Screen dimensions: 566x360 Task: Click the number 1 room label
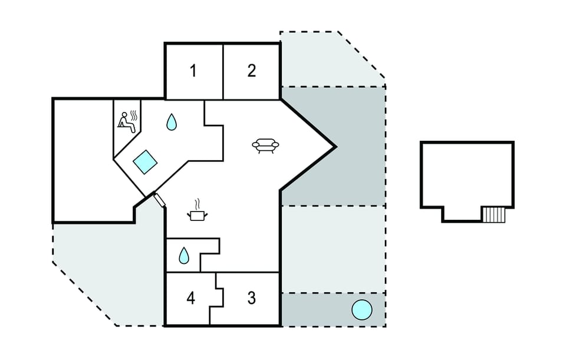[x=193, y=71]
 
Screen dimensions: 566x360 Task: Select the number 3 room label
[x=252, y=298]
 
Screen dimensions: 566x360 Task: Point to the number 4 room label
[x=191, y=298]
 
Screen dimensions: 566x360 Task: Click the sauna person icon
[x=128, y=122]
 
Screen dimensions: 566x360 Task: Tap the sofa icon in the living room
[x=265, y=146]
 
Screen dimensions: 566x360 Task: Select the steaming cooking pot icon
[x=197, y=211]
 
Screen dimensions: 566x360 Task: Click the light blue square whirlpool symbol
[x=145, y=162]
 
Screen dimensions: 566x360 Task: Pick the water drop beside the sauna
[x=172, y=122]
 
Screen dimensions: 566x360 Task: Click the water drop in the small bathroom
[x=184, y=255]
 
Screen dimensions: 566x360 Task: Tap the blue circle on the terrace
[x=361, y=310]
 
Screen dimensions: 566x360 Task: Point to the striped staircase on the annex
[x=493, y=214]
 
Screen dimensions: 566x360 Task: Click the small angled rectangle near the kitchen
[x=159, y=200]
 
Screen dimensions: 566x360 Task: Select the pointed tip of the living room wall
[x=335, y=147]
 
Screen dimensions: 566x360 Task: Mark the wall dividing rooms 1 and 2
[x=223, y=72]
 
